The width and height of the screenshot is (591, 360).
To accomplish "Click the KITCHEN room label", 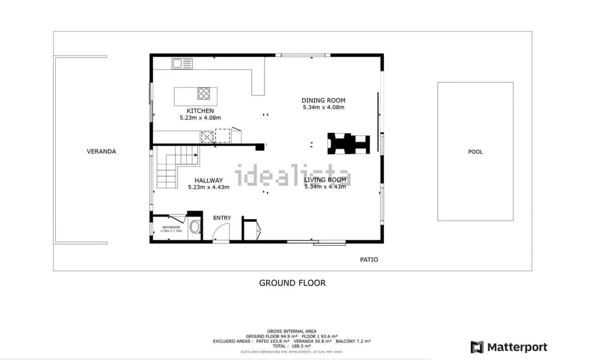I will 200,111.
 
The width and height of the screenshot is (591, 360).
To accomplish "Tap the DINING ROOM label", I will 323,100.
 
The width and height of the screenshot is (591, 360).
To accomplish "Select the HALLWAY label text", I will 209,181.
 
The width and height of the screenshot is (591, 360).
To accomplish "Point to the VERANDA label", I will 101,151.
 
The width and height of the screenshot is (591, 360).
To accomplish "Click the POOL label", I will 475,152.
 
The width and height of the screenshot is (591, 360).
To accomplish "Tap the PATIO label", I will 369,260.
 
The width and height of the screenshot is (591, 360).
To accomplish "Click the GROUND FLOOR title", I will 292,283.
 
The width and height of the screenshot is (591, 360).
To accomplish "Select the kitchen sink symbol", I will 182,64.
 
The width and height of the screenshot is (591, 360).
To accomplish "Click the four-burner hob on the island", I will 204,93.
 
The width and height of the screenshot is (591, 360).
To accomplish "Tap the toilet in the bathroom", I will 194,227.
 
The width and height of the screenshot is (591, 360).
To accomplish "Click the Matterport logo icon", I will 477,347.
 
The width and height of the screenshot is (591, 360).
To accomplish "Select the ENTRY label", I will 222,218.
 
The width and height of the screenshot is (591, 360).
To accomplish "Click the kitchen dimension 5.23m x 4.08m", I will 200,118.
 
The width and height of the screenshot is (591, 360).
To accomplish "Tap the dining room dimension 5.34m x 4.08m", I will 323,107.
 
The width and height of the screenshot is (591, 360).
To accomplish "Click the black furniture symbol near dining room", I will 348,144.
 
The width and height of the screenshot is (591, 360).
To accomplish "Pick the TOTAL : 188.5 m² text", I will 291,346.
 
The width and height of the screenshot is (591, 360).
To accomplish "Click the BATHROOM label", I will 171,227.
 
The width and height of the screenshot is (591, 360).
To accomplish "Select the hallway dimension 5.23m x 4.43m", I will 209,187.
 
